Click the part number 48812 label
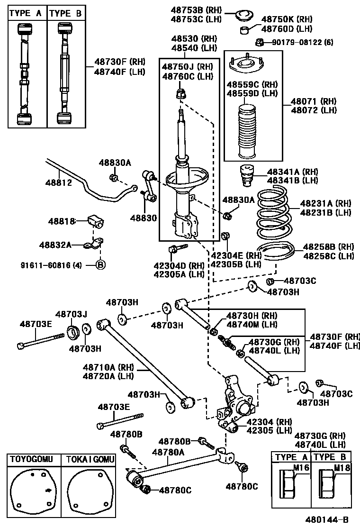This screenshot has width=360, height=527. (x=58, y=182)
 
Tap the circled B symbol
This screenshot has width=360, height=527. (x=100, y=265)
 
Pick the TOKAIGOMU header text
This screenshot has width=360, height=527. (x=90, y=459)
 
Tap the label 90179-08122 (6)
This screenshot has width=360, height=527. (x=302, y=42)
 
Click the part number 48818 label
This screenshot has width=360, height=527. (x=61, y=221)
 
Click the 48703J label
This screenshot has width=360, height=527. (x=72, y=314)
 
